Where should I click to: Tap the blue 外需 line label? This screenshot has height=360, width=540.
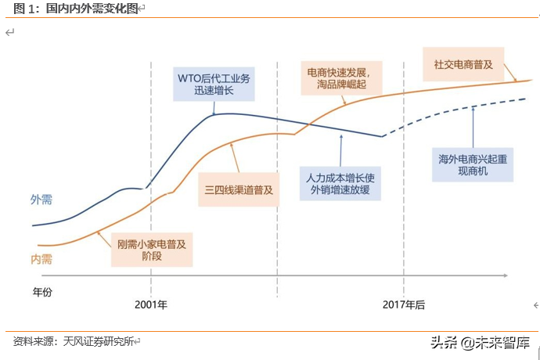tap(41, 200)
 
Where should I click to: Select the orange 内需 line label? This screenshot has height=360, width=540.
tap(41, 259)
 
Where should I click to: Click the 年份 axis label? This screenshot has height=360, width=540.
tap(43, 292)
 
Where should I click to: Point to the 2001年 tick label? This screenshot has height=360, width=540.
tap(151, 304)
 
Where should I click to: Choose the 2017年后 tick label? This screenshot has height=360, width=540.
tap(404, 304)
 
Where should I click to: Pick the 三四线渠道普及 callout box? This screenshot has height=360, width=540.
tap(240, 189)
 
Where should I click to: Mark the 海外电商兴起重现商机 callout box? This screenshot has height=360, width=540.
tap(472, 164)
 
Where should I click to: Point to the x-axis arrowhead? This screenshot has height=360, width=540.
tap(510, 275)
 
